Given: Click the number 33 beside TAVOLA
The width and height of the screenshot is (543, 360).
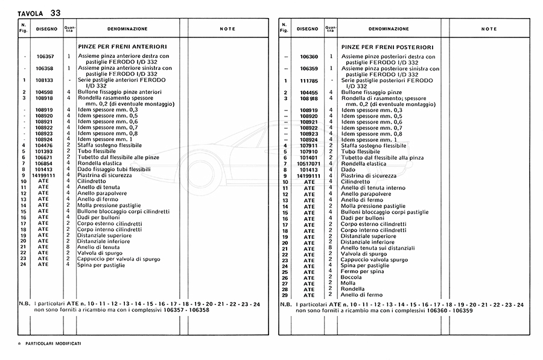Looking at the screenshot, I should pos(55,12).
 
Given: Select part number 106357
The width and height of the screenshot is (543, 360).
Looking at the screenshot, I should pos(45,56).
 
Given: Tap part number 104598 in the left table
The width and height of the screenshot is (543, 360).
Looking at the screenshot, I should pos(45,92).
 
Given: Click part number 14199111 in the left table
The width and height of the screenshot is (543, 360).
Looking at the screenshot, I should pos(45,175).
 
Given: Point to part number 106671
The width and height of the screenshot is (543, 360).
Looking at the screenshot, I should pos(45,157).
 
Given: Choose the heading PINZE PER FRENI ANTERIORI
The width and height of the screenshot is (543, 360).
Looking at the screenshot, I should pos(122,45).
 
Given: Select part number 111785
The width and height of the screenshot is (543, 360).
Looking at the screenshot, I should pos(308,80).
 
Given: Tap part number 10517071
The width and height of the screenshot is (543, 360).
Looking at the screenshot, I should pos(308,163).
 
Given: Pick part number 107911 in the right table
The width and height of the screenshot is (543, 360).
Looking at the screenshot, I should pos(308,145).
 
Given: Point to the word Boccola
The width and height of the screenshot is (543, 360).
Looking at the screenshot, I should pos(352,277).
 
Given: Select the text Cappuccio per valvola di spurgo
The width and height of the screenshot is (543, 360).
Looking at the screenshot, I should pos(118,259).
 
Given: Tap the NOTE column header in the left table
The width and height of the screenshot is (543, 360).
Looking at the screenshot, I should pos(227,28).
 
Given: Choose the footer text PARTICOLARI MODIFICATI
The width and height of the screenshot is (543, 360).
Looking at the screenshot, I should pos(54,343).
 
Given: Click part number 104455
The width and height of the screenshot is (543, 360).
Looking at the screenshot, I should pos(308,92).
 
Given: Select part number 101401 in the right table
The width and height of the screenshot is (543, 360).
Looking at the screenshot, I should pos(308,157).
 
